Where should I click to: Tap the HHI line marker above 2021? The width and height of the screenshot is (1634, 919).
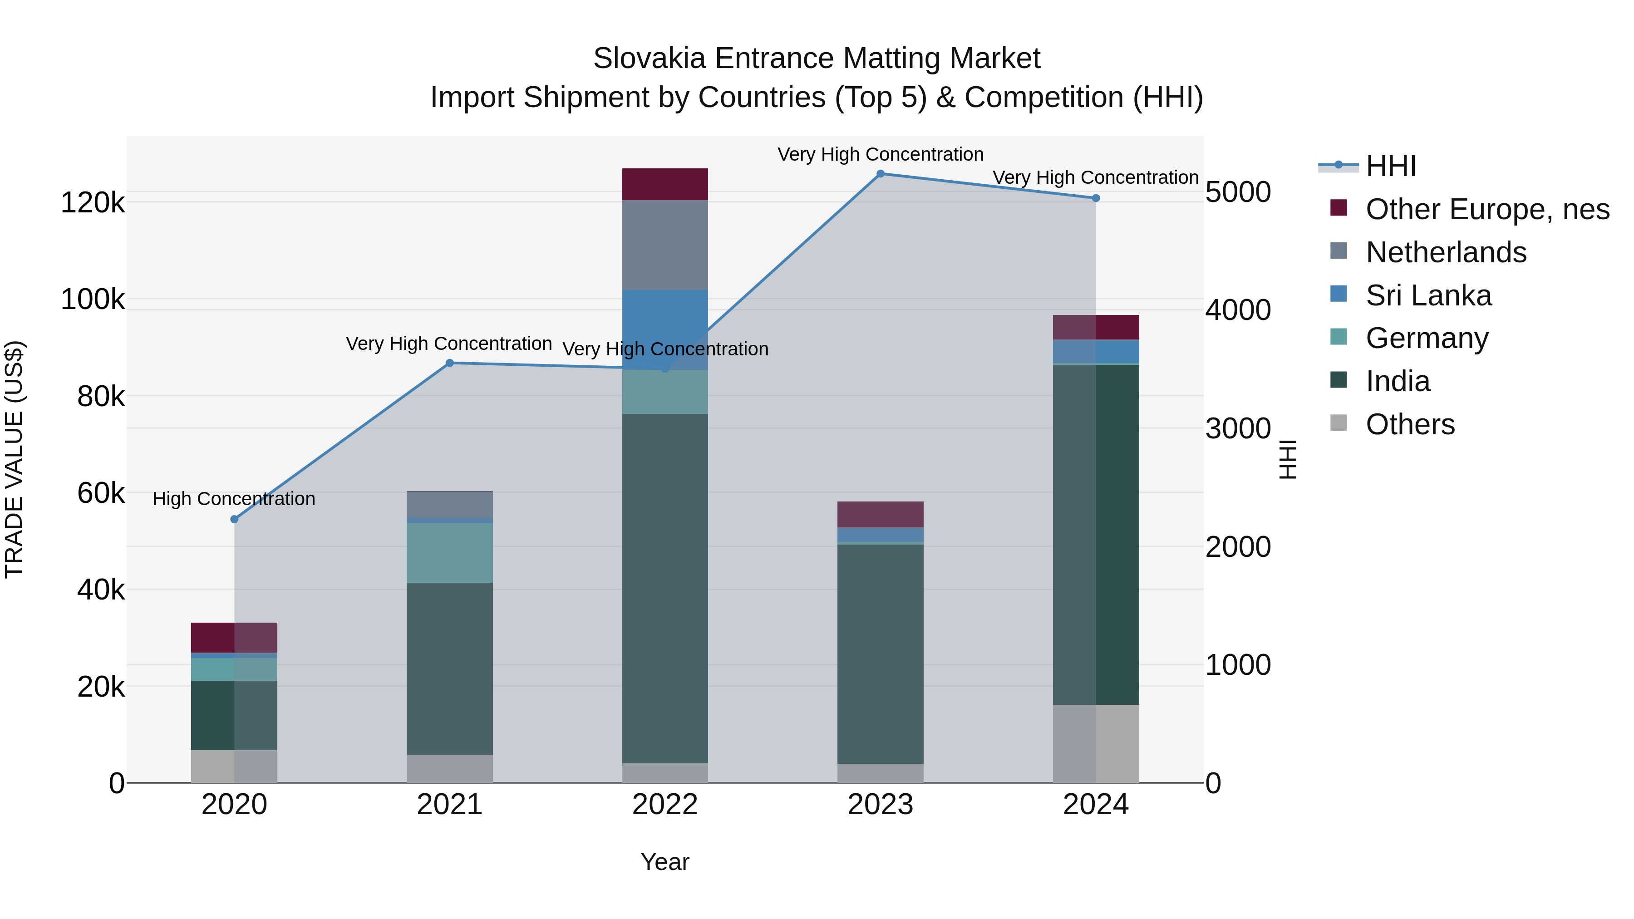[450, 363]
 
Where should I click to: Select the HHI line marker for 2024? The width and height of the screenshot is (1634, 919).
[1096, 198]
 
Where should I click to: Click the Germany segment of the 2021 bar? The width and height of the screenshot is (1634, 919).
[450, 552]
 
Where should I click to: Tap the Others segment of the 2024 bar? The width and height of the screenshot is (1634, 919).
[1096, 743]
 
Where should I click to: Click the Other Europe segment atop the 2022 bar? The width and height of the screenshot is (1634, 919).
[665, 184]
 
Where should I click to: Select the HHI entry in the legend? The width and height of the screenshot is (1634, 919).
[1390, 166]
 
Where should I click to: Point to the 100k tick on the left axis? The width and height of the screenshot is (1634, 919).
[93, 300]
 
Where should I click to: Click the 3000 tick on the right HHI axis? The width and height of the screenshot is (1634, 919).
[1238, 429]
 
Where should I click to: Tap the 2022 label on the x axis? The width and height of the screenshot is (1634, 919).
[665, 805]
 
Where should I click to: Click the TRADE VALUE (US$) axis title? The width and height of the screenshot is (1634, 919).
[14, 459]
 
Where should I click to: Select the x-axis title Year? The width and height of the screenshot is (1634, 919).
[665, 862]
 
